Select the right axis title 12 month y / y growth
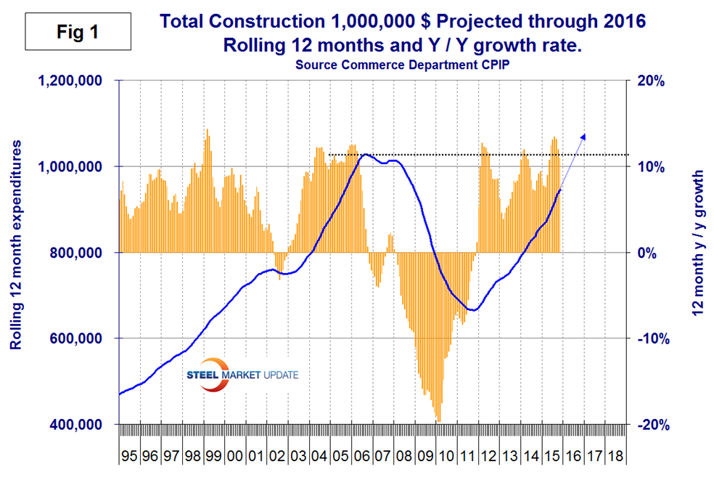[699, 253]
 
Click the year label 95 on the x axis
[129, 457]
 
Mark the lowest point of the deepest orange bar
[438, 420]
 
